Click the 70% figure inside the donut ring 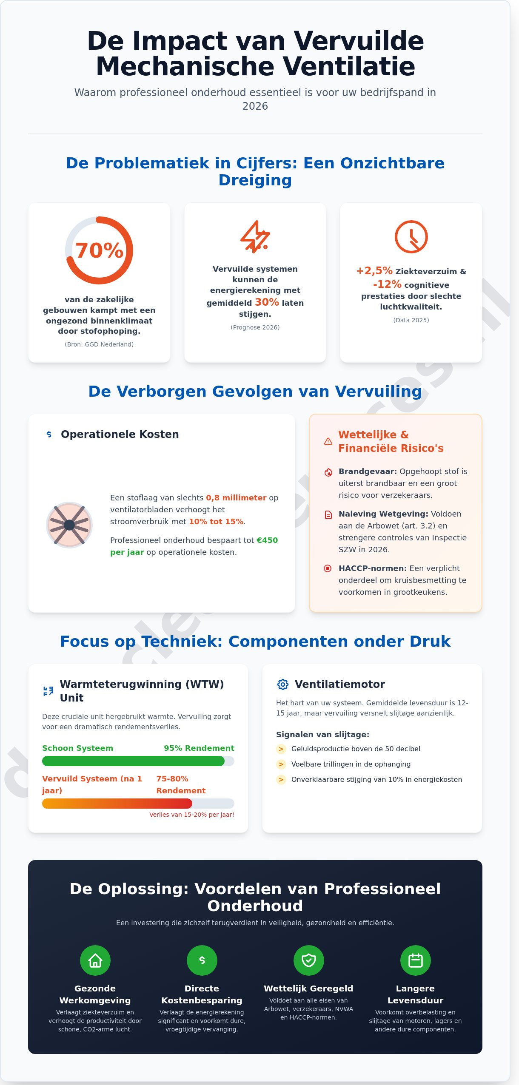(x=99, y=250)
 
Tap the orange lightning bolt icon (x=255, y=237)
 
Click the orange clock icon (x=411, y=237)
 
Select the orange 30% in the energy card (x=267, y=302)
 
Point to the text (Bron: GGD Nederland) (x=99, y=344)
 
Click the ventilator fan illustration (x=69, y=525)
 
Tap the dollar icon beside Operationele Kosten (x=49, y=434)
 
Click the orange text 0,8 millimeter (x=236, y=498)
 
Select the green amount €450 (x=267, y=540)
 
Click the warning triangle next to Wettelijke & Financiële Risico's (x=328, y=441)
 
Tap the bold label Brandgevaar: (x=368, y=471)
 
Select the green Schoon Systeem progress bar (x=133, y=761)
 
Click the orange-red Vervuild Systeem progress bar (x=117, y=804)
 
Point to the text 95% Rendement (x=199, y=748)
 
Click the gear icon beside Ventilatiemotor (x=283, y=684)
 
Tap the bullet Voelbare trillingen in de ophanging (x=351, y=764)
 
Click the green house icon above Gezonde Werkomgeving (x=95, y=960)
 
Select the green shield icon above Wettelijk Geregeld (x=308, y=960)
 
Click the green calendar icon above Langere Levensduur (x=415, y=960)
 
